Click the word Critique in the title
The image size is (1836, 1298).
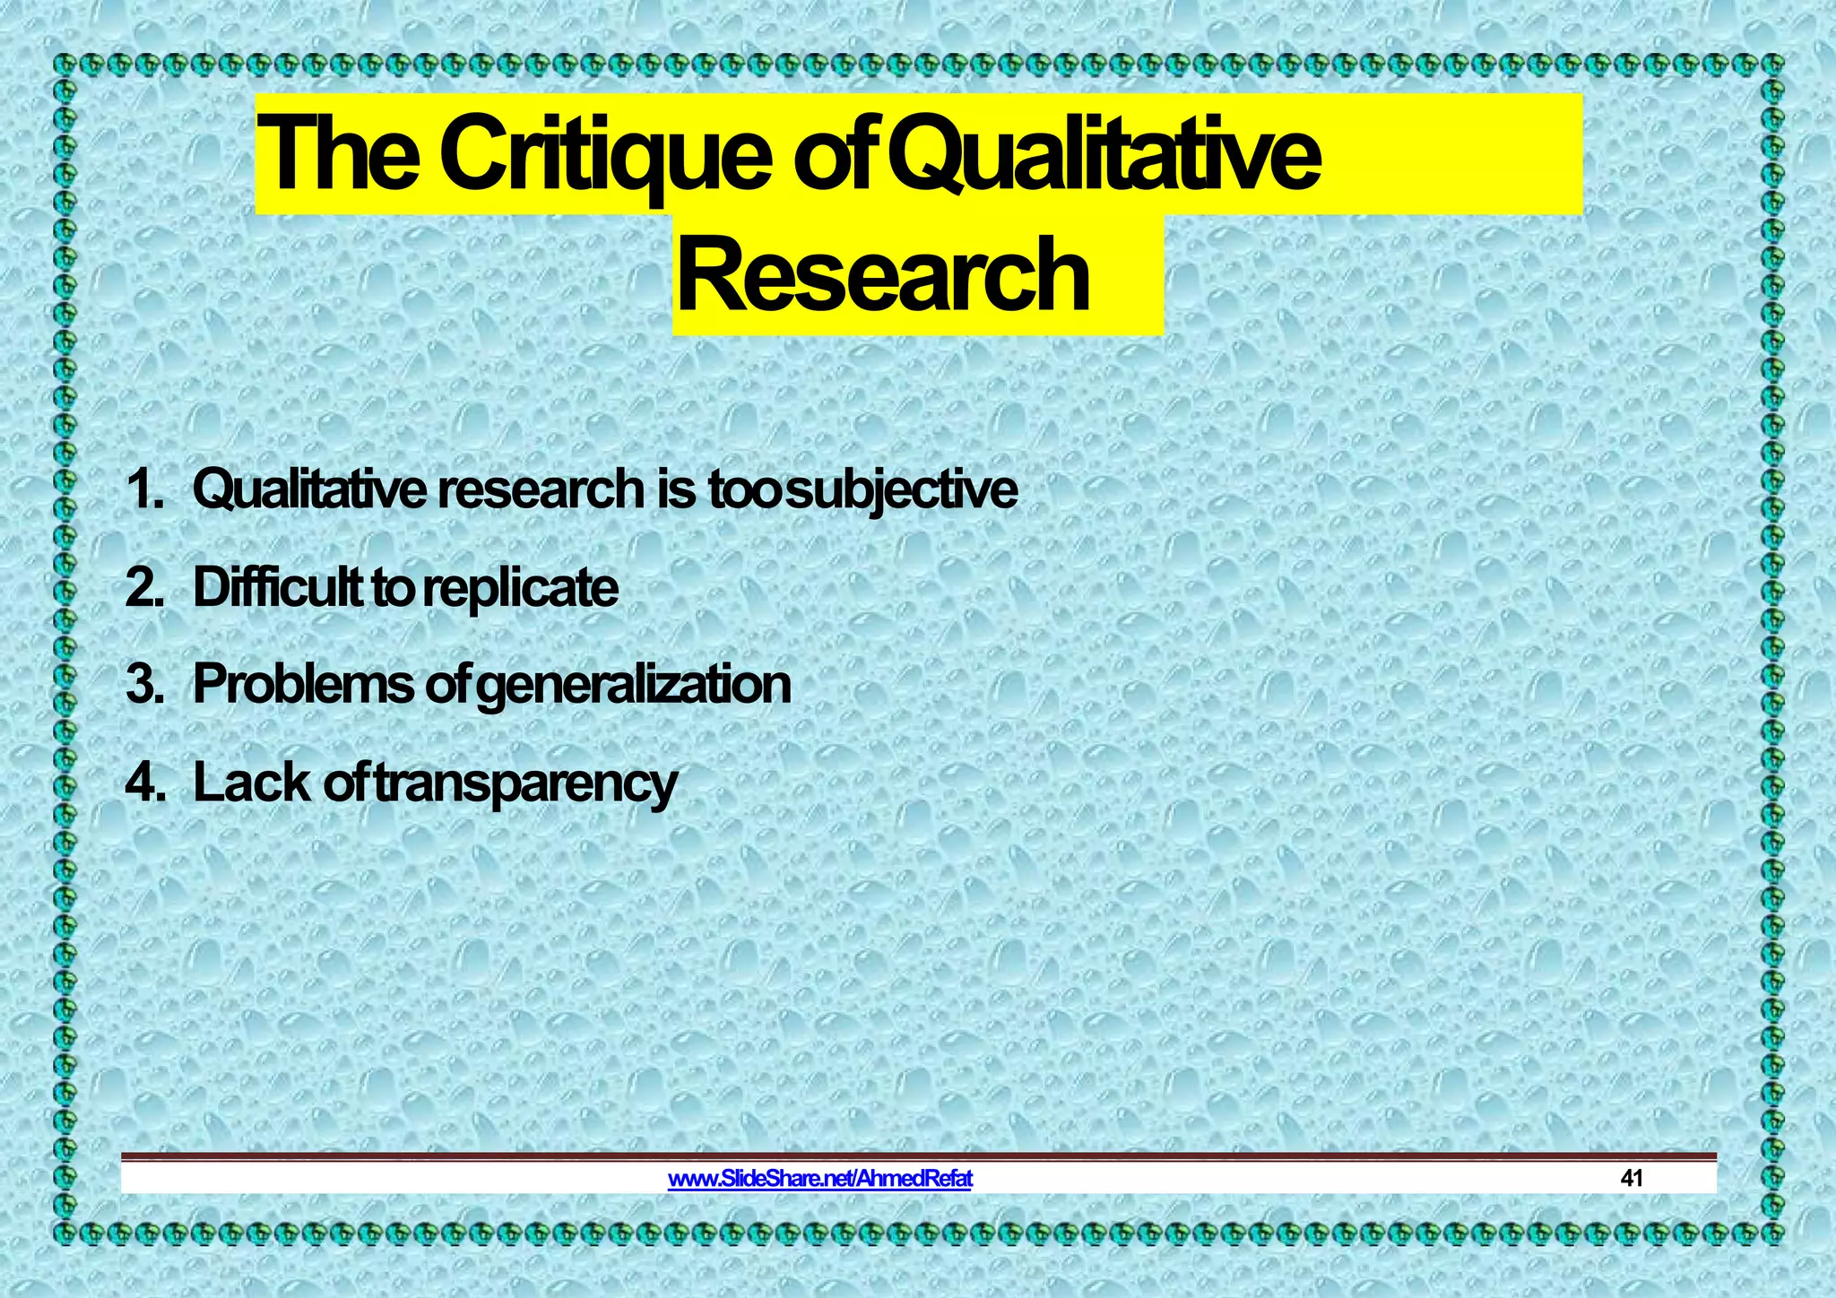pyautogui.click(x=605, y=154)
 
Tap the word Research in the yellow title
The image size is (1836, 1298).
pyautogui.click(x=883, y=274)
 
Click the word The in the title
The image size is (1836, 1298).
pyautogui.click(x=338, y=154)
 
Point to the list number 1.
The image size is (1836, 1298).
pyautogui.click(x=143, y=490)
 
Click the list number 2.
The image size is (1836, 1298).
pyautogui.click(x=143, y=588)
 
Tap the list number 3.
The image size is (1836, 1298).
pyautogui.click(x=143, y=685)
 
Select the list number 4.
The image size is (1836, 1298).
pyautogui.click(x=143, y=783)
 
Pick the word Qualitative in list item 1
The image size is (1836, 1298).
pyautogui.click(x=309, y=490)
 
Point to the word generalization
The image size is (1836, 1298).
pyautogui.click(x=633, y=685)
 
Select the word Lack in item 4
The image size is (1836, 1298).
pyautogui.click(x=251, y=783)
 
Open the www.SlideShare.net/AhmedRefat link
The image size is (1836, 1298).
pyautogui.click(x=820, y=1178)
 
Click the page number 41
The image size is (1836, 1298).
pyautogui.click(x=1632, y=1178)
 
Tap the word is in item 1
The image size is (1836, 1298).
pyautogui.click(x=676, y=490)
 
